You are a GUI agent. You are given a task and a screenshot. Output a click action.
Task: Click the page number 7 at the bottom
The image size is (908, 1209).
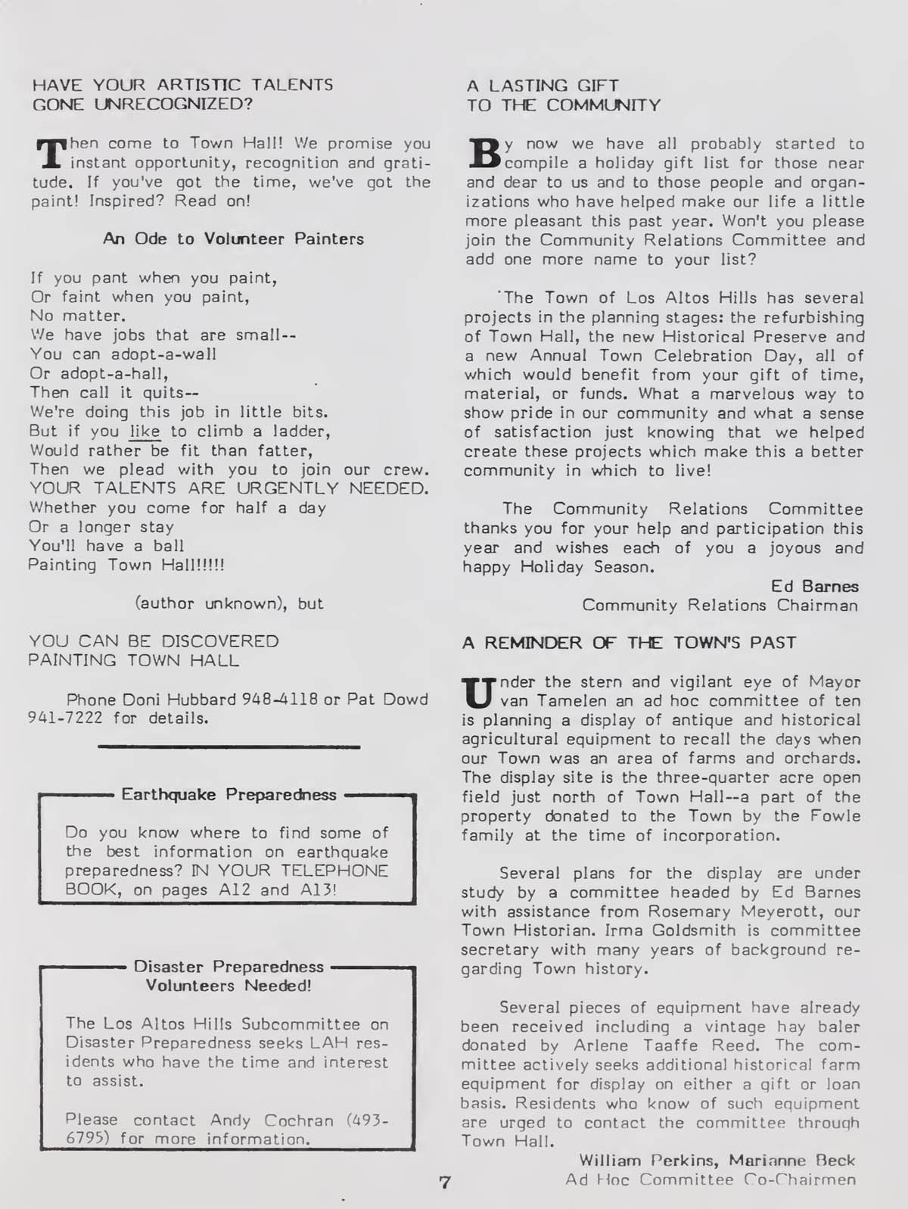pos(445,1182)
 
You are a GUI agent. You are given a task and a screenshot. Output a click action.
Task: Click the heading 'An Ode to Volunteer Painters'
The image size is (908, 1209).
pos(233,238)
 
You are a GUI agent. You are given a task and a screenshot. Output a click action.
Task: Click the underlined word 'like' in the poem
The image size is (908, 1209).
pos(145,432)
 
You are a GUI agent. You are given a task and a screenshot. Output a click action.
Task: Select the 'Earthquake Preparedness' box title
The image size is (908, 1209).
pos(229,795)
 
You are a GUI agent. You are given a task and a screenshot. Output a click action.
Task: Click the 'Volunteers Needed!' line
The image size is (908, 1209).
pos(228,986)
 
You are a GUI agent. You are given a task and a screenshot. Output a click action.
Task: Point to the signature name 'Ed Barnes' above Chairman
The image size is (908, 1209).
pos(814,587)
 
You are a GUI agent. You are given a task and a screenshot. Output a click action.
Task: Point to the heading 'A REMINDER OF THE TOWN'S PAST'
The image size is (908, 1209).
pos(629,643)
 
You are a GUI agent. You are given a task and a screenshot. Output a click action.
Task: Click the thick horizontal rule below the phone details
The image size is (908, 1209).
pos(229,747)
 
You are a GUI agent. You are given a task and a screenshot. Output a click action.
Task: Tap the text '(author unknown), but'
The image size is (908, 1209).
pos(229,603)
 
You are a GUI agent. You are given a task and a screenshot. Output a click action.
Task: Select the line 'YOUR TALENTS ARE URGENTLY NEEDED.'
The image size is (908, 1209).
pos(229,488)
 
